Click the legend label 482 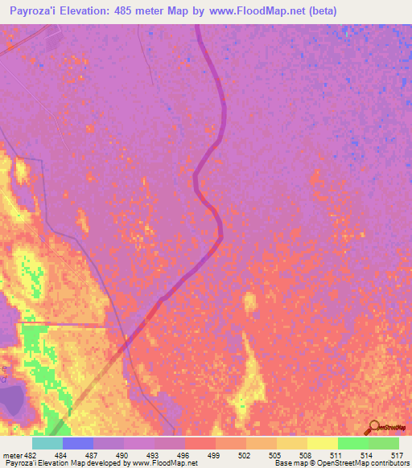coord(31,456)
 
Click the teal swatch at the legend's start coord(47,443)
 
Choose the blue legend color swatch coord(78,443)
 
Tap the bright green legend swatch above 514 coord(352,443)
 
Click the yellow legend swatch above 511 coord(322,443)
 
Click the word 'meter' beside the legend coord(12,456)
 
